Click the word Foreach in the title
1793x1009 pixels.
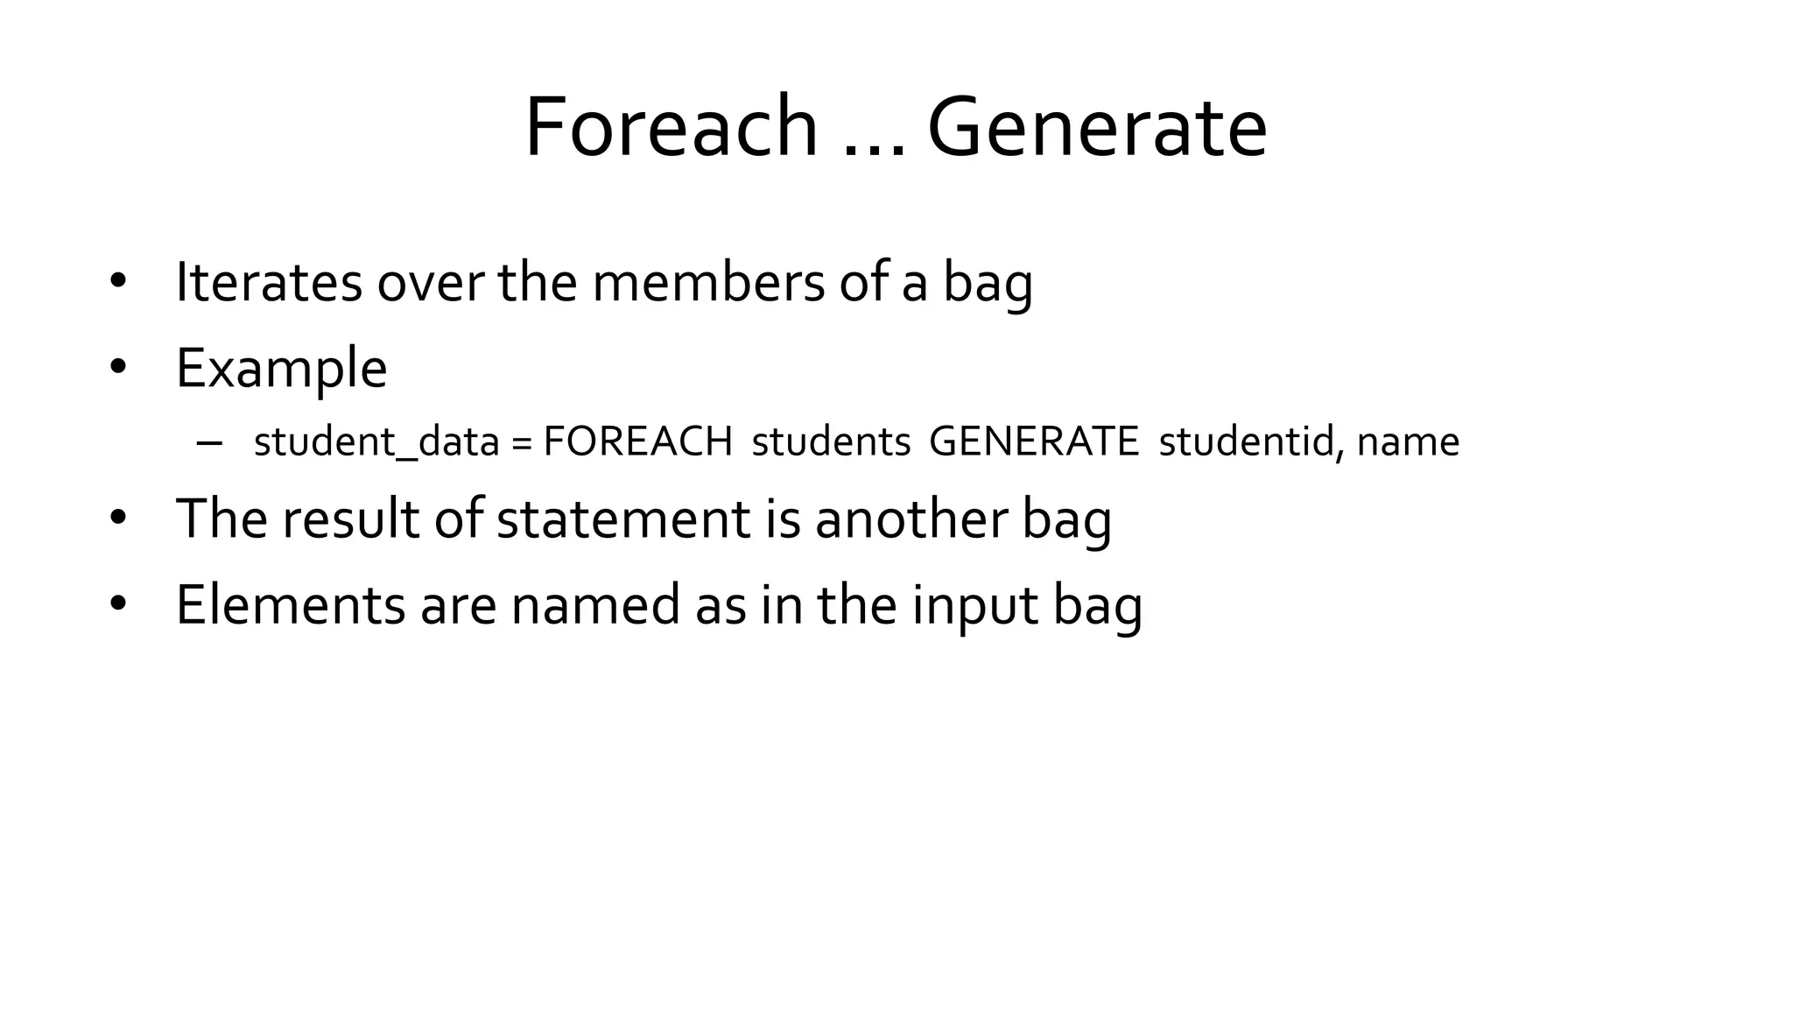coord(671,128)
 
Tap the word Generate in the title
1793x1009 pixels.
coord(1097,128)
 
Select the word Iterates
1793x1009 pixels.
coord(269,283)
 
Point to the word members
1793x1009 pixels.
coord(708,283)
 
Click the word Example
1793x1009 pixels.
coord(281,369)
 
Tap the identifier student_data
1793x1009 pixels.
coord(376,442)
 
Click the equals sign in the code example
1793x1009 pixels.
coord(522,442)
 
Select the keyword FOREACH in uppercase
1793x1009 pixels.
coord(637,441)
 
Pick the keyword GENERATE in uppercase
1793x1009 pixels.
coord(1034,441)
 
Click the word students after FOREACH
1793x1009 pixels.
coord(831,442)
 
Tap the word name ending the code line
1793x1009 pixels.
coord(1408,442)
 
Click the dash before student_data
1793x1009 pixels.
coord(210,442)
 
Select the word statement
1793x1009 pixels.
coord(622,519)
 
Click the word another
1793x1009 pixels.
coord(911,519)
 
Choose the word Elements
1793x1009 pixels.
coord(291,605)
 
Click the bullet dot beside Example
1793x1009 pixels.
coord(118,367)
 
